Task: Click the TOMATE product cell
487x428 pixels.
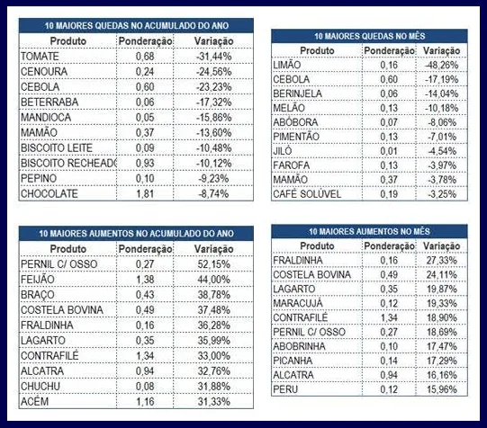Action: click(x=40, y=57)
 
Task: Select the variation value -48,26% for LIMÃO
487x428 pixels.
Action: click(x=441, y=65)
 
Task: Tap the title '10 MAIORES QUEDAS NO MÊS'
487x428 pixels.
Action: click(x=369, y=36)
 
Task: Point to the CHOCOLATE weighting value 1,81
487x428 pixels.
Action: click(x=145, y=194)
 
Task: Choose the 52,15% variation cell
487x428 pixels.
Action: click(x=214, y=264)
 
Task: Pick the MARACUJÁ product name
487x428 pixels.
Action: click(x=298, y=303)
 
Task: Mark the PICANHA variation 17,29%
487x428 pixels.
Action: click(x=442, y=361)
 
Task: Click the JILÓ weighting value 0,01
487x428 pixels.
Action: click(x=389, y=151)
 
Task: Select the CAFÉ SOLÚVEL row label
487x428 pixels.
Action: click(x=307, y=194)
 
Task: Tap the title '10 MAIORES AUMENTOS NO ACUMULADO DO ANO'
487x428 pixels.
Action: click(x=136, y=234)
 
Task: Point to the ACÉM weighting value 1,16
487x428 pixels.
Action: click(x=145, y=402)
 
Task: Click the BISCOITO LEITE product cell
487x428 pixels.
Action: click(x=57, y=148)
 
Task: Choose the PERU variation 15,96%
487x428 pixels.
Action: click(x=442, y=389)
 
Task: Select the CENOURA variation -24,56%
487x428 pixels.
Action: click(x=213, y=72)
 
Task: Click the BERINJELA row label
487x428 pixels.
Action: click(x=297, y=94)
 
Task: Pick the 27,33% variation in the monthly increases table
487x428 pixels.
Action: click(x=442, y=260)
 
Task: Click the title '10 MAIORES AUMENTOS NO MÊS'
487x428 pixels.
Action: click(x=369, y=231)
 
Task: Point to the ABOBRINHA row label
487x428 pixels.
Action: click(x=299, y=346)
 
